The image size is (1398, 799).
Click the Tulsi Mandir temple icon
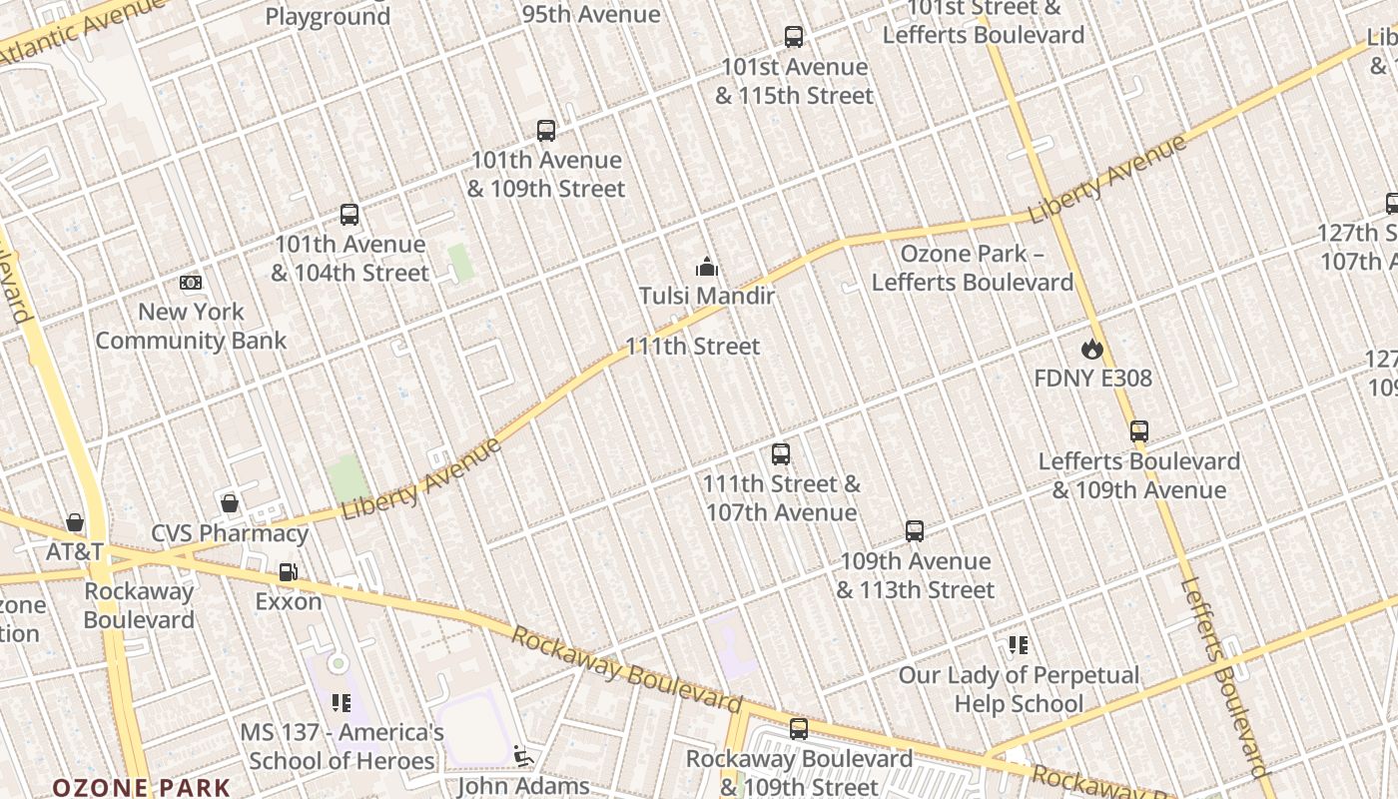[707, 267]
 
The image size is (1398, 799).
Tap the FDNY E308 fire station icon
[1092, 349]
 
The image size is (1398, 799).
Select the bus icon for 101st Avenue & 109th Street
[546, 130]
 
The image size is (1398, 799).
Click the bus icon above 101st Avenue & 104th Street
[349, 214]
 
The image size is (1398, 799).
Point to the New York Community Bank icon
[191, 283]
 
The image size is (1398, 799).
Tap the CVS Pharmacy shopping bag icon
[230, 502]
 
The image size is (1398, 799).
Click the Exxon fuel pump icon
[288, 572]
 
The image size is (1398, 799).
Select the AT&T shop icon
[75, 522]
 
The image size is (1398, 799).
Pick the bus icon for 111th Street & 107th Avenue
[781, 454]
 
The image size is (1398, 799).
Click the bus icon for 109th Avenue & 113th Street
[915, 531]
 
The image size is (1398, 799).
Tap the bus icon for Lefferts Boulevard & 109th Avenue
[1139, 431]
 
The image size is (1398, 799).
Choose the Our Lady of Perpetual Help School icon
[1019, 645]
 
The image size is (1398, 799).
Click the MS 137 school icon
[342, 703]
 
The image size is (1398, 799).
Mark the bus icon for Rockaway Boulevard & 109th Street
[799, 729]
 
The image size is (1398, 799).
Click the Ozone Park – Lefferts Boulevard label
[972, 268]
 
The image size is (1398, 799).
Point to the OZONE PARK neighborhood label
[141, 788]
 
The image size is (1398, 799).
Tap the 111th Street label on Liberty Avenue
[692, 347]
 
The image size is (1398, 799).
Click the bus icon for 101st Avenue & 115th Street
[794, 37]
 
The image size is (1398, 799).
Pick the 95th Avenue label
[591, 14]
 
